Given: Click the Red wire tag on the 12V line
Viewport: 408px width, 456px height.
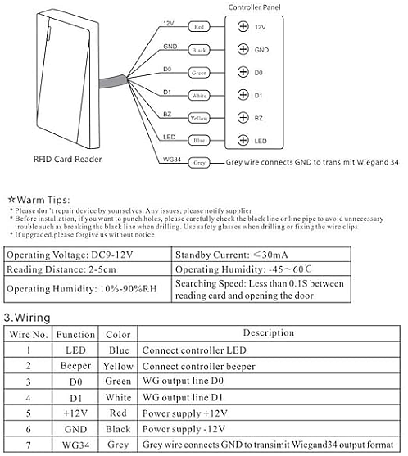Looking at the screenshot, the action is point(199,27).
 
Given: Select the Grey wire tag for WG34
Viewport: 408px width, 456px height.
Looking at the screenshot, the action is point(199,163).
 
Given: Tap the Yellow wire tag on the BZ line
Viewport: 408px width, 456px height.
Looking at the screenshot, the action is point(199,118).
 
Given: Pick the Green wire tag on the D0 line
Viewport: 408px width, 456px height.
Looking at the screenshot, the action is point(199,73).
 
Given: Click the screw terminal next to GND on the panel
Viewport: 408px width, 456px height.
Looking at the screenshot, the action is point(243,49).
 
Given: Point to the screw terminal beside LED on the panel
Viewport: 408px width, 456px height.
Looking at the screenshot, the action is point(243,140).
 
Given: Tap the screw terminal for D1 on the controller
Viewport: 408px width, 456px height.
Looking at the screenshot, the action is point(243,95).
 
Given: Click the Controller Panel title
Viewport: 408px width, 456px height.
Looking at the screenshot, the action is point(254,7).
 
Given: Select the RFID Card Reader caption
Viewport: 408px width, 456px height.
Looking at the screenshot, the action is point(68,159).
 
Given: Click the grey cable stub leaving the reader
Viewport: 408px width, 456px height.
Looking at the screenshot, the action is point(114,81).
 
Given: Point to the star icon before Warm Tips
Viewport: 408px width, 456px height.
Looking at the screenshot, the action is point(11,200).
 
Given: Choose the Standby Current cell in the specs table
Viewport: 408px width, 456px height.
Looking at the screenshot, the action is point(261,255).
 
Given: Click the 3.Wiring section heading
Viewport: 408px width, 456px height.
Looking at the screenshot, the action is point(27,318).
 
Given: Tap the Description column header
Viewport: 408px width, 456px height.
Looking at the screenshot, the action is point(269,332).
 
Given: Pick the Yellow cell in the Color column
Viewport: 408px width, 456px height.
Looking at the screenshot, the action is point(118,366).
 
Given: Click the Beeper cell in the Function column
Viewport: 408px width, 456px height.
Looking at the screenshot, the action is point(75,366).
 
